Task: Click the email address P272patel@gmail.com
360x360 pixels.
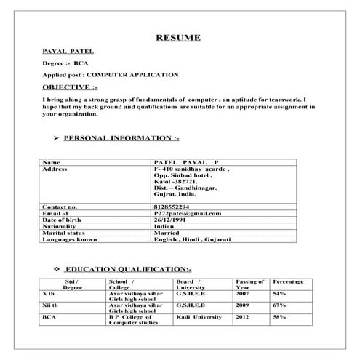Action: click(x=187, y=212)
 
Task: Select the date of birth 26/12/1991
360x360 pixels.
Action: click(x=171, y=219)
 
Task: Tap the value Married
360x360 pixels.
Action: click(x=168, y=232)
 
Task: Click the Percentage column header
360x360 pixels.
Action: click(x=288, y=281)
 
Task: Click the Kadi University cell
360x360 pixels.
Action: click(x=198, y=318)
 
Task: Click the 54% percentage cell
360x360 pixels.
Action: click(x=279, y=293)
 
